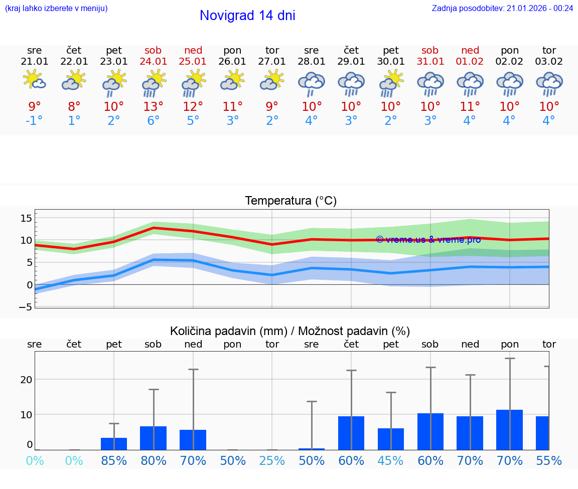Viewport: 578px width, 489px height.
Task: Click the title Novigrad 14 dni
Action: pyautogui.click(x=247, y=16)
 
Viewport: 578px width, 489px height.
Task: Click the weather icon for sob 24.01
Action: pyautogui.click(x=154, y=83)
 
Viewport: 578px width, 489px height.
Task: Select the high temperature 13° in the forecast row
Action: pyautogui.click(x=154, y=106)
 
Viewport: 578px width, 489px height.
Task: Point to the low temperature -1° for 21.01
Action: pyautogui.click(x=35, y=121)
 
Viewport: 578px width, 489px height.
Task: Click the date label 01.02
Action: pyautogui.click(x=470, y=62)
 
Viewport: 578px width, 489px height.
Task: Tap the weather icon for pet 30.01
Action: pyautogui.click(x=391, y=83)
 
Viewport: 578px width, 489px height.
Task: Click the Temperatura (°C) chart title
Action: pyautogui.click(x=291, y=201)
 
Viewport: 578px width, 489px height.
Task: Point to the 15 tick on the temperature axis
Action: pyautogui.click(x=26, y=218)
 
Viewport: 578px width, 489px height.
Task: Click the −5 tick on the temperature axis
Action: pyautogui.click(x=26, y=307)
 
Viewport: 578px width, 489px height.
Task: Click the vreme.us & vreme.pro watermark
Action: pyautogui.click(x=428, y=240)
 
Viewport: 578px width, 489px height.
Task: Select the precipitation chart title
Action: pyautogui.click(x=290, y=331)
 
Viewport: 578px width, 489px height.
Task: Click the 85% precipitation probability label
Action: pyautogui.click(x=114, y=460)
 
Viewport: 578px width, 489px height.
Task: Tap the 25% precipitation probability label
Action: pyautogui.click(x=272, y=460)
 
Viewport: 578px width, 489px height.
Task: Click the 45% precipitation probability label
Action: pyautogui.click(x=391, y=460)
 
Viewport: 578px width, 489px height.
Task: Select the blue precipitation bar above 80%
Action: pyautogui.click(x=154, y=438)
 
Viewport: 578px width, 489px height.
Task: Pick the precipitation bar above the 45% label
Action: pyautogui.click(x=391, y=439)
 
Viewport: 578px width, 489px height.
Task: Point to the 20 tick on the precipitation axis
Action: pyautogui.click(x=26, y=380)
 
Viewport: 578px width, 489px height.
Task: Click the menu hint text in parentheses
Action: pyautogui.click(x=56, y=8)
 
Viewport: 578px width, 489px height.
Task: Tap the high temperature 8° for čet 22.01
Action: pyautogui.click(x=74, y=106)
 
